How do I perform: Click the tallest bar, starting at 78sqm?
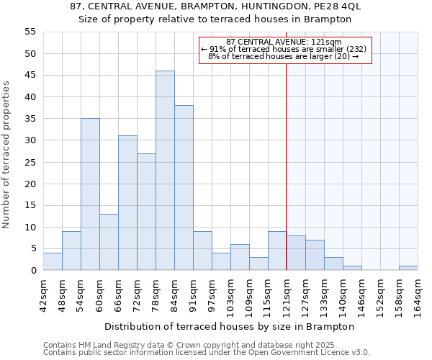coord(165,171)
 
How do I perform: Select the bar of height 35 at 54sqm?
coord(90,194)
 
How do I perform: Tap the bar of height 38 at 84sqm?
coord(184,188)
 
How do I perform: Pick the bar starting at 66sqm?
coord(127,203)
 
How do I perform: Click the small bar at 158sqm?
coord(408,268)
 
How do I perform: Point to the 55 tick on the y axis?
coord(30,32)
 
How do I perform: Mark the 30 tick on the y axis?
coord(30,140)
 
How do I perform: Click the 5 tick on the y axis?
coord(33,248)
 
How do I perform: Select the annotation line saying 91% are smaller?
coord(284,49)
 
